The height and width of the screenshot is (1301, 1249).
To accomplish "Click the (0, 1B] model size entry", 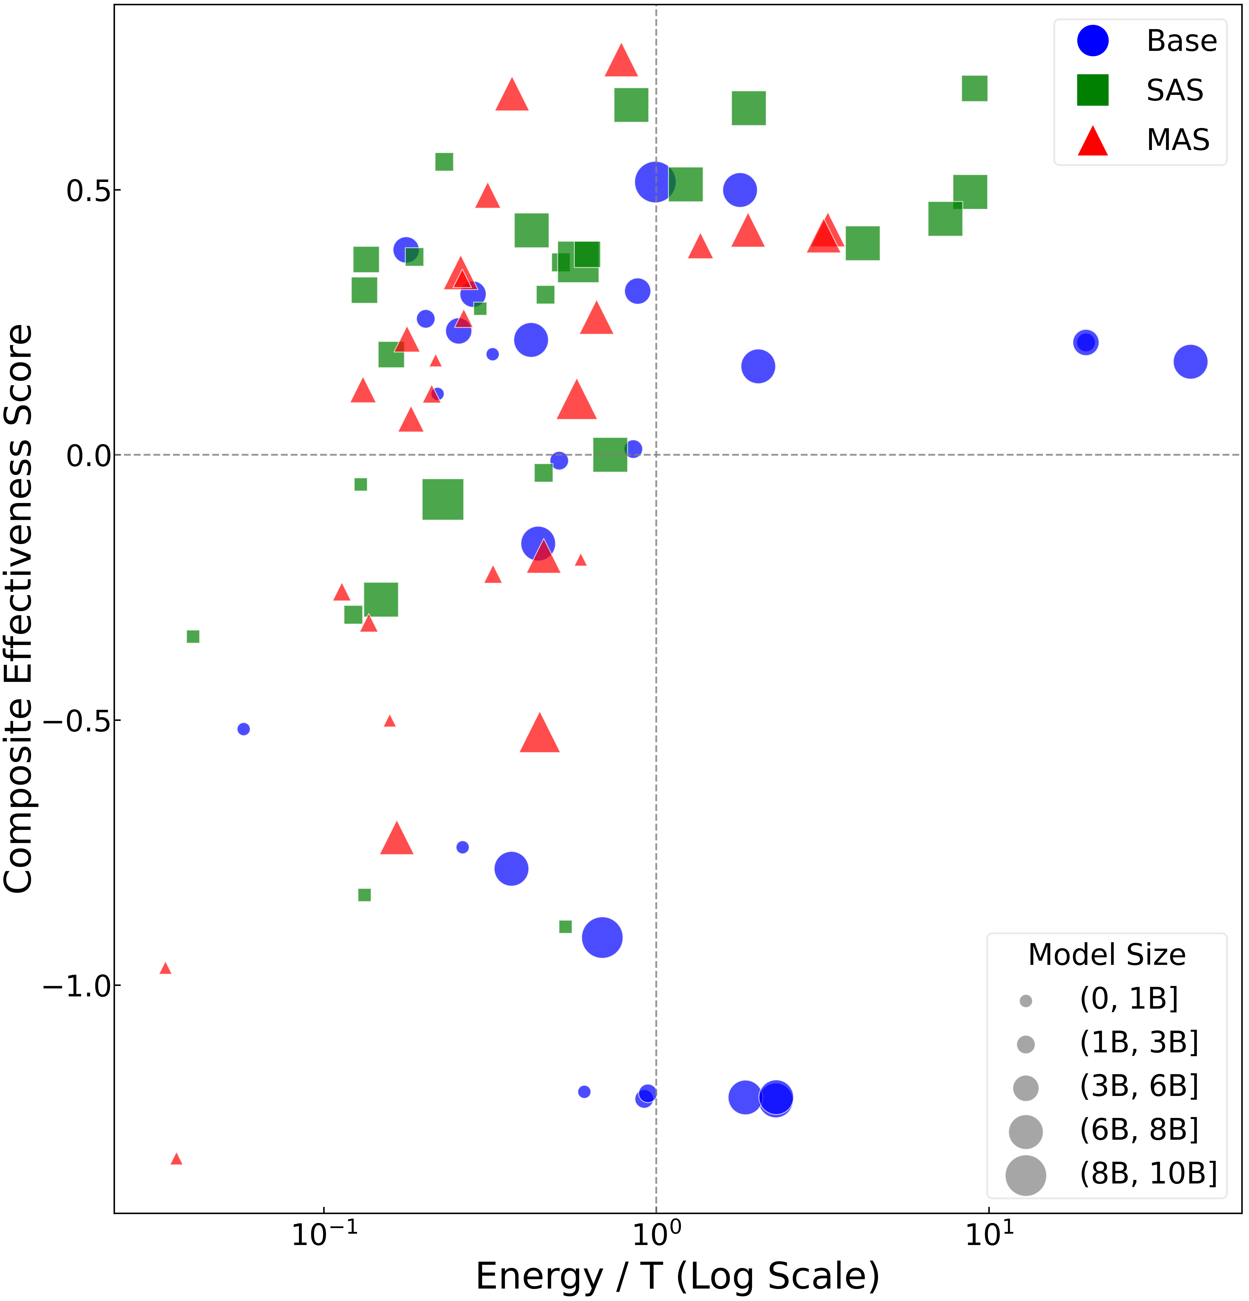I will (x=1128, y=999).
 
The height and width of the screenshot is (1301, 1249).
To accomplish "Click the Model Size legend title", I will (x=1106, y=954).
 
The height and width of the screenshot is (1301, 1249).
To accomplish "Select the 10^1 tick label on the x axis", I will (x=989, y=1233).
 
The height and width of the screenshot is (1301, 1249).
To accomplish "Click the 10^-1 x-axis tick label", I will (x=324, y=1233).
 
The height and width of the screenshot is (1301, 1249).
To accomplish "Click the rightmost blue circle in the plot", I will (x=1190, y=362).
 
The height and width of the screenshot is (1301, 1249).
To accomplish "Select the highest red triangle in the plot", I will (x=621, y=62).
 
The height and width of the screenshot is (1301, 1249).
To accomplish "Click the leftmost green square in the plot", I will (x=193, y=637).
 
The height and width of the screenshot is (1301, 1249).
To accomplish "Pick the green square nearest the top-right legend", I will (x=974, y=88).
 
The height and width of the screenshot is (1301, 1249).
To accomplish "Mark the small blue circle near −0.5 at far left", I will (x=244, y=729).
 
